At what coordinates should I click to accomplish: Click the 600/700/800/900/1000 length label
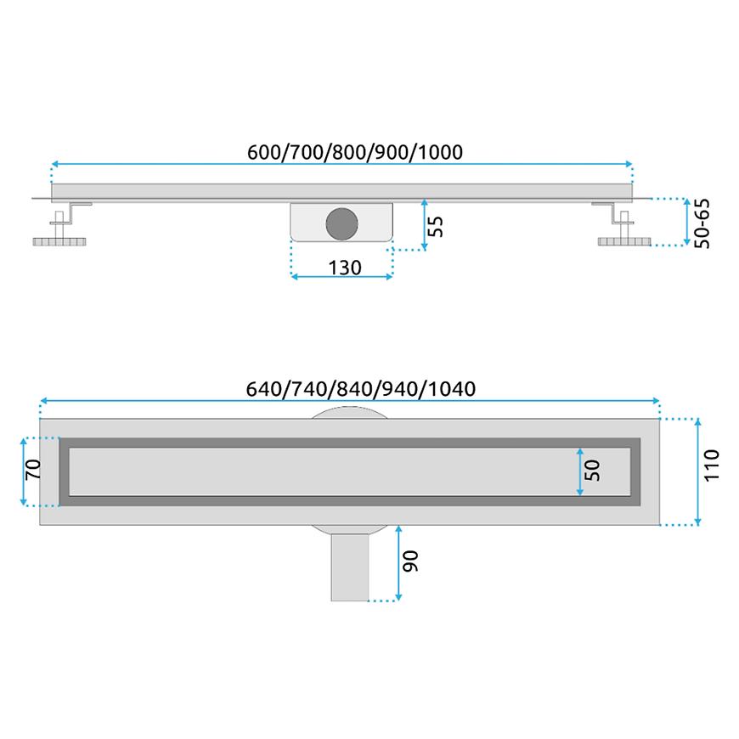(x=355, y=152)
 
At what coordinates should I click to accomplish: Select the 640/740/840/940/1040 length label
(x=360, y=389)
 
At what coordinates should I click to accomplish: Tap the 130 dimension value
(x=345, y=268)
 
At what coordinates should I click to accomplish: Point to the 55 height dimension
(x=436, y=226)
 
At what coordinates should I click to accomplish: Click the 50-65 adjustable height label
(x=702, y=223)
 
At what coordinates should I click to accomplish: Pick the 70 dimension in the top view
(x=33, y=470)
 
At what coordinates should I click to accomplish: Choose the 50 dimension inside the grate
(x=592, y=471)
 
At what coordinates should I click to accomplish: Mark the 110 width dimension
(x=711, y=465)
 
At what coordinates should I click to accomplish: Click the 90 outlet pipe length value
(x=410, y=561)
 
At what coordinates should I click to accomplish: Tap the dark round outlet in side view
(x=341, y=223)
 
